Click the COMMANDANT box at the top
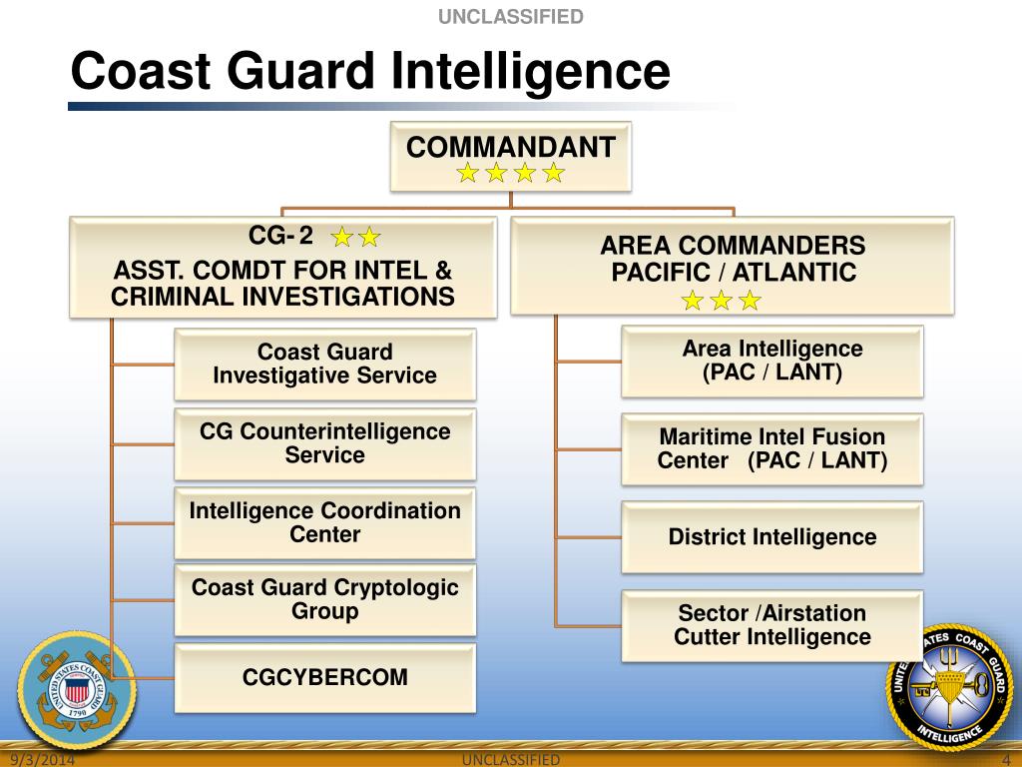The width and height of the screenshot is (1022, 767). (x=510, y=156)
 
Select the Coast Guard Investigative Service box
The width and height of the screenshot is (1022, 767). (x=324, y=365)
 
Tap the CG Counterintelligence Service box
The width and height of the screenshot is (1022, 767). (x=324, y=443)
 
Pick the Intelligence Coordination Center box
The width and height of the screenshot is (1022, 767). (x=324, y=522)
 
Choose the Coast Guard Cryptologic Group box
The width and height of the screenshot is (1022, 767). (x=324, y=599)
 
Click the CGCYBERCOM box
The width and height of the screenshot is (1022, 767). (x=324, y=677)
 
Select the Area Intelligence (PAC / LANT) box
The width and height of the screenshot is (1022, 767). (x=771, y=361)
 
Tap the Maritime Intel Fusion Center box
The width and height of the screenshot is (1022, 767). (x=771, y=448)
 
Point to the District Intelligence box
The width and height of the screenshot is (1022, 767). (x=771, y=537)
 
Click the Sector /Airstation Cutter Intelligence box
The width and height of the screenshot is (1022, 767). (x=771, y=625)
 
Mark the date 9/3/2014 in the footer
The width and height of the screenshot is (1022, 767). (x=51, y=760)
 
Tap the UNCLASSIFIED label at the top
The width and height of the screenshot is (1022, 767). (x=510, y=16)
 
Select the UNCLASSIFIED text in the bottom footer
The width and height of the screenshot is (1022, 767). (x=512, y=760)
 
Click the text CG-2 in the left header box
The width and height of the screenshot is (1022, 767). (x=280, y=236)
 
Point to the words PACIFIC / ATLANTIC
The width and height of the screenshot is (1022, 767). (x=734, y=272)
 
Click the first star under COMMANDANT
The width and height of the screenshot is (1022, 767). (x=467, y=174)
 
